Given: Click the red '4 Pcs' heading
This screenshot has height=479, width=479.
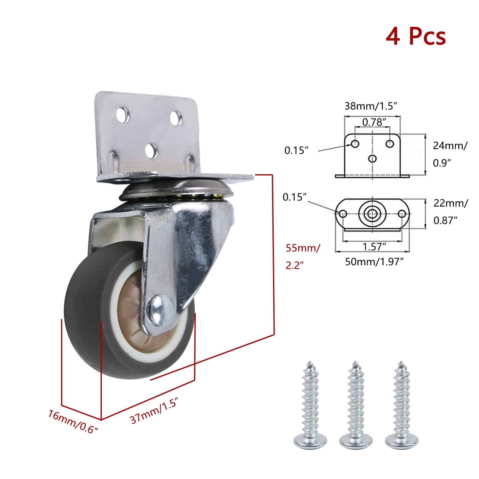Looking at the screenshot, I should click(416, 37).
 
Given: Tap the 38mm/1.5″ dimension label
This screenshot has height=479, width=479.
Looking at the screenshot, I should click(371, 106).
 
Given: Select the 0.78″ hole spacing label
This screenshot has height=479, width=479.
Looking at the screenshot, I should click(374, 122).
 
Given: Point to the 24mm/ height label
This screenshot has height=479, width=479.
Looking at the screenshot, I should click(450, 145).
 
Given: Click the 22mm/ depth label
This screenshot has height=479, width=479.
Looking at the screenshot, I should click(450, 203).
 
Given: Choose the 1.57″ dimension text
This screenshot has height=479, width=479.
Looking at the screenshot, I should click(374, 247).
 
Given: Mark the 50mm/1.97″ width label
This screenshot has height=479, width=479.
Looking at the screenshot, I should click(374, 262).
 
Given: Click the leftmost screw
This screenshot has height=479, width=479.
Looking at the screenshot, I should click(310, 404).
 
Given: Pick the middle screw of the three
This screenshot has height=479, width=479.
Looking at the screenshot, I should click(356, 404).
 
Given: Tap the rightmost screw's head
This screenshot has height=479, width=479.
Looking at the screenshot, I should click(401, 440).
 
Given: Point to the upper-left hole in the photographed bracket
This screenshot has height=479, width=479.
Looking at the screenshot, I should click(123, 115).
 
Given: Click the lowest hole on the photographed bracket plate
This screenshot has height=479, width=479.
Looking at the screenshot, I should click(151, 151).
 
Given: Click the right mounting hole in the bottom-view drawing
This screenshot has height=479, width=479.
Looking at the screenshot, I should click(403, 214).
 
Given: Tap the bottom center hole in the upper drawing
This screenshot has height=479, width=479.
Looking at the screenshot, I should click(372, 158).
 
